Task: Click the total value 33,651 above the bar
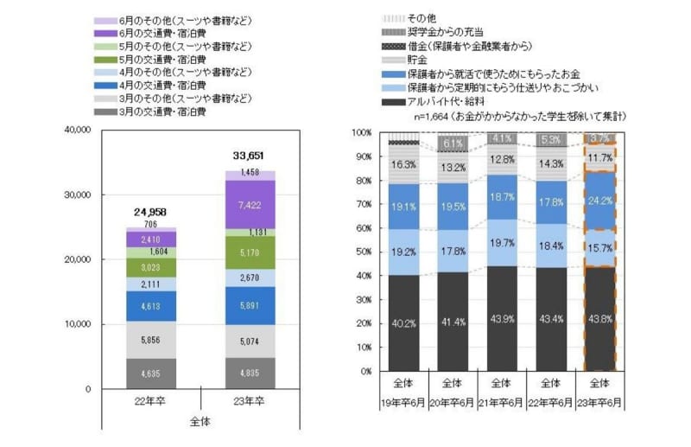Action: (249, 156)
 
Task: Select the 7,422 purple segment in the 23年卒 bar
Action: (249, 204)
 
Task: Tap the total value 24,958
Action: (151, 211)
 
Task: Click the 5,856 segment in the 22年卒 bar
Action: (151, 341)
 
